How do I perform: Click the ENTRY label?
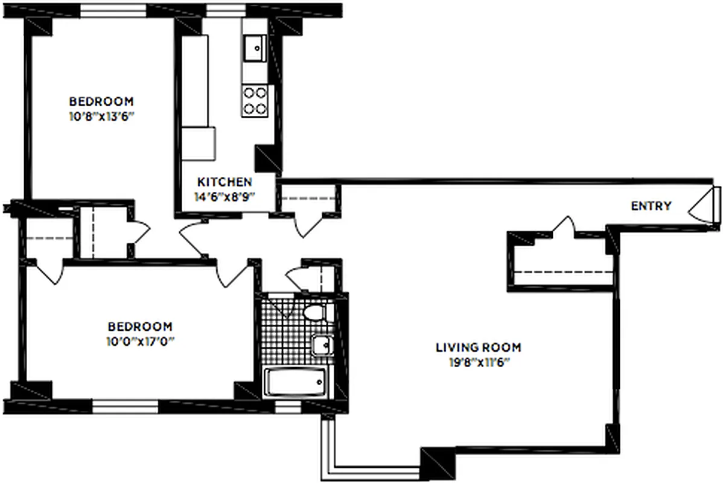point(651,206)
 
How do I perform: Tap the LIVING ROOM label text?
point(478,348)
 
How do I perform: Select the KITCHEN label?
point(225,182)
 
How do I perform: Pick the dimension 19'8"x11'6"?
point(478,362)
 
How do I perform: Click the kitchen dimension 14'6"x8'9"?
point(225,196)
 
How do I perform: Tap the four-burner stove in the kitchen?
point(255,101)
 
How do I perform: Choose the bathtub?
point(296,382)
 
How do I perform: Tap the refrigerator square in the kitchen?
point(199,143)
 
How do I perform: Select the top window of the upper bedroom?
point(113,10)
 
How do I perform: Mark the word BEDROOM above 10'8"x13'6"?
point(101,101)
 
